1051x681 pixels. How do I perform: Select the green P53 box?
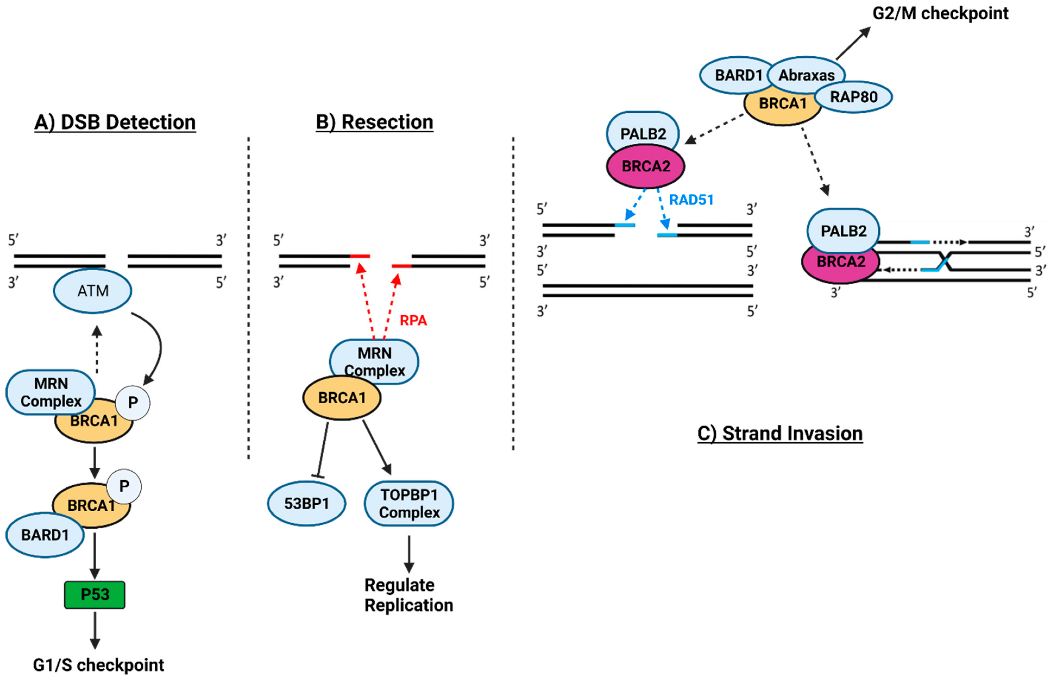click(94, 594)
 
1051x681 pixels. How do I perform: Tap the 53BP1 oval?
click(307, 503)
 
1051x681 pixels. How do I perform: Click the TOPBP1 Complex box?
click(409, 503)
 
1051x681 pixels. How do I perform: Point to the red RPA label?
click(413, 320)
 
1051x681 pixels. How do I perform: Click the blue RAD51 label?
click(691, 200)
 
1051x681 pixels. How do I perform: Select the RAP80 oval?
click(853, 97)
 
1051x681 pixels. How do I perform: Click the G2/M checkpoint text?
click(940, 13)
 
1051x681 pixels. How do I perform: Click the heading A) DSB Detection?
click(115, 122)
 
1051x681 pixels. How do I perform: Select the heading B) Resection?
click(374, 122)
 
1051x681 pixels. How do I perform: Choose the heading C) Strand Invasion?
click(780, 433)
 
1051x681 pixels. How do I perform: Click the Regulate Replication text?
click(408, 595)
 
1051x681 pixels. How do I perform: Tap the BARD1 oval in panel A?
click(45, 535)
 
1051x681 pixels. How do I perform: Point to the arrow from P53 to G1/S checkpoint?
click(94, 630)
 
